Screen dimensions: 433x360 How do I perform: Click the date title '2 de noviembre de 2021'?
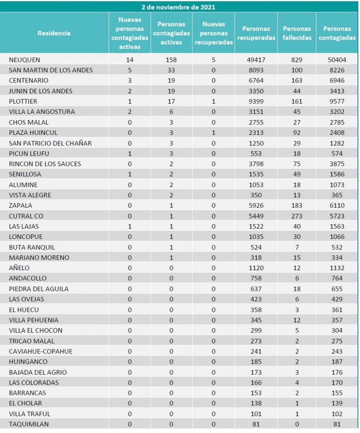(x=180, y=7)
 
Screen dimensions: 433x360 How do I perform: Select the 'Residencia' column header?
(x=54, y=33)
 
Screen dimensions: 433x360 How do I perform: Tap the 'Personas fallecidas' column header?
(x=297, y=33)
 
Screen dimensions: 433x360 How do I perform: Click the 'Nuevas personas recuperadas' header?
(x=214, y=33)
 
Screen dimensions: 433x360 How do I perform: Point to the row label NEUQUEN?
(x=25, y=60)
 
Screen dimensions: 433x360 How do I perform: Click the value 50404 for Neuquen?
(x=337, y=60)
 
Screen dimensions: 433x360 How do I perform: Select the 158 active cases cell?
(x=171, y=60)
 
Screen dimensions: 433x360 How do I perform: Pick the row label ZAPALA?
(x=19, y=205)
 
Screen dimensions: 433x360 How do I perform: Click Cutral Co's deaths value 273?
(x=297, y=216)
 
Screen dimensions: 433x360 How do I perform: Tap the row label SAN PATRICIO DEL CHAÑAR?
(x=50, y=143)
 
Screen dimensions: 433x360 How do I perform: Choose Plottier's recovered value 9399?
(x=256, y=101)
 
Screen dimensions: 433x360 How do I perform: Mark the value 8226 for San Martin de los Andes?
(x=337, y=70)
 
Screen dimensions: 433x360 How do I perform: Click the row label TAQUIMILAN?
(x=26, y=424)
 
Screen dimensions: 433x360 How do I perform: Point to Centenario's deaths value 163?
(x=297, y=80)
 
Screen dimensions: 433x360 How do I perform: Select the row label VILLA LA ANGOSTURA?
(x=42, y=112)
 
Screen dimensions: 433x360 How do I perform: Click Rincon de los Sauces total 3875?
(x=337, y=164)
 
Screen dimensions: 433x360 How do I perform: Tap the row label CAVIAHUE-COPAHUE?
(x=41, y=351)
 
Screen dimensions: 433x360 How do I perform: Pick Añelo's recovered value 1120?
(x=256, y=268)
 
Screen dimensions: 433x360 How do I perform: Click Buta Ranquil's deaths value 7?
(x=297, y=247)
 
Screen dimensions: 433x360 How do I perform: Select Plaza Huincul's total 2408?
(x=337, y=132)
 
